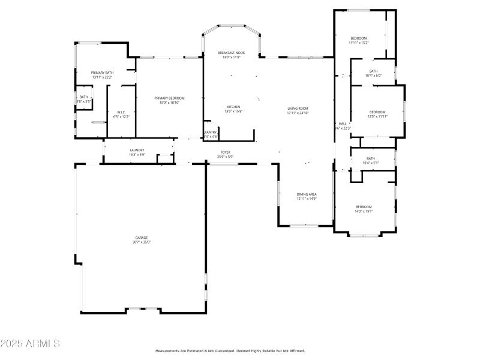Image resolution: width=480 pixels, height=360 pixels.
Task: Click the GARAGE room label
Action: pyautogui.click(x=142, y=238)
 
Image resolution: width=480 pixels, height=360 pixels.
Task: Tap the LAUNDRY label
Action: pyautogui.click(x=137, y=151)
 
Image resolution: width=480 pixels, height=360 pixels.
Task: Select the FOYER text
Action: pyautogui.click(x=225, y=152)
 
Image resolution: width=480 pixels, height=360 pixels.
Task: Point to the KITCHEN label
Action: pyautogui.click(x=233, y=107)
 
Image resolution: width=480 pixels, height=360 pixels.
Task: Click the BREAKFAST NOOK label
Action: pyautogui.click(x=231, y=53)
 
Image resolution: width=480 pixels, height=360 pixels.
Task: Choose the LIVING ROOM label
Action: pyautogui.click(x=298, y=109)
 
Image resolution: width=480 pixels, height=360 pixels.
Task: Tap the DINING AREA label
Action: pyautogui.click(x=306, y=194)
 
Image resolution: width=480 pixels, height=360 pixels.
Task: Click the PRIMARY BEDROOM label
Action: pyautogui.click(x=169, y=98)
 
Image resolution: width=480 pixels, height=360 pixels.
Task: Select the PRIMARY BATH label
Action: pyautogui.click(x=103, y=73)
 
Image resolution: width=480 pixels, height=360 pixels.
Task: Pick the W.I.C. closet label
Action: pyautogui.click(x=121, y=112)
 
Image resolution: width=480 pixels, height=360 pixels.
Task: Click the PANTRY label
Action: pyautogui.click(x=211, y=132)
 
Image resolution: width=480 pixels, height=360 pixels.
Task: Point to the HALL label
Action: pyautogui.click(x=342, y=124)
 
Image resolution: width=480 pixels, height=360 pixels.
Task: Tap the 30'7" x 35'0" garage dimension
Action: pyautogui.click(x=142, y=242)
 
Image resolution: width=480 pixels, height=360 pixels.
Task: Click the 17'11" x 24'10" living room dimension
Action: pyautogui.click(x=298, y=113)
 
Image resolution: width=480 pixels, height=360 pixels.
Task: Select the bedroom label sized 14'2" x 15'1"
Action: pyautogui.click(x=364, y=207)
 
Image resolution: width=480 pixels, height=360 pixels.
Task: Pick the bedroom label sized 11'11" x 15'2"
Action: pyautogui.click(x=358, y=38)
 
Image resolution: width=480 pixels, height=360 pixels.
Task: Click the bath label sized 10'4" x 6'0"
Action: pyautogui.click(x=373, y=71)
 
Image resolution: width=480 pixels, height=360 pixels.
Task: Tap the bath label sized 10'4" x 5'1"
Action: pyautogui.click(x=370, y=158)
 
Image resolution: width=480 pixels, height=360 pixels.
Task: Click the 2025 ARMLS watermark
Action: pyautogui.click(x=30, y=344)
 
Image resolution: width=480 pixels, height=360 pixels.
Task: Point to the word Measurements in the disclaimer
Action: pyautogui.click(x=169, y=351)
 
